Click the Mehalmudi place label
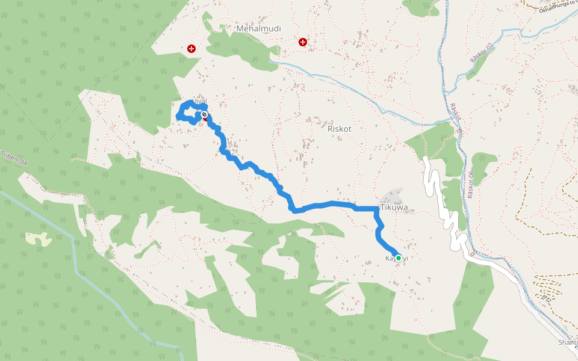pos(259,28)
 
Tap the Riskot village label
pos(339,128)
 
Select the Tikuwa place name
pos(394,208)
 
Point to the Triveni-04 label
pos(14,158)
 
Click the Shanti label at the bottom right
pos(568,342)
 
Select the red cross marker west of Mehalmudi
pos(191,48)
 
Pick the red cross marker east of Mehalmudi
pos(302,42)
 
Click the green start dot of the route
pos(399,258)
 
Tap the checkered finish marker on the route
pos(205,114)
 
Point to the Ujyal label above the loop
pos(200,101)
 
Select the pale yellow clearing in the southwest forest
pos(38,238)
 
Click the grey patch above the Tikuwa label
pos(393,195)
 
